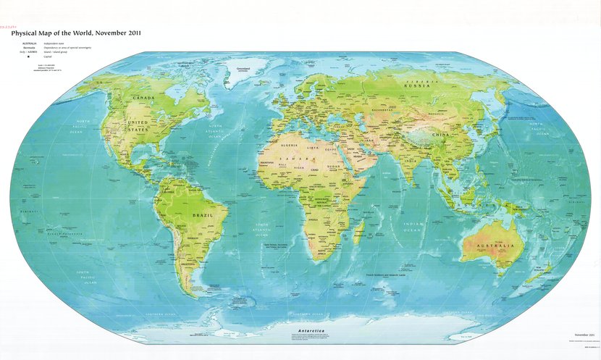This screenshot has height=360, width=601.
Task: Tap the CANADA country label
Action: tap(143, 97)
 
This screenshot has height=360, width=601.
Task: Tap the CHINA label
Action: tap(440, 135)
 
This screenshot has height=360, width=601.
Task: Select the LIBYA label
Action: tap(314, 148)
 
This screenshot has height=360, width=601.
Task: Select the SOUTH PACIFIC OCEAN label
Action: tap(86, 276)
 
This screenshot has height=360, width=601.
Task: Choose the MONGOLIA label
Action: tap(437, 112)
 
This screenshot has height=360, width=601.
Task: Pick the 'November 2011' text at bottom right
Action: tap(584, 335)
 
